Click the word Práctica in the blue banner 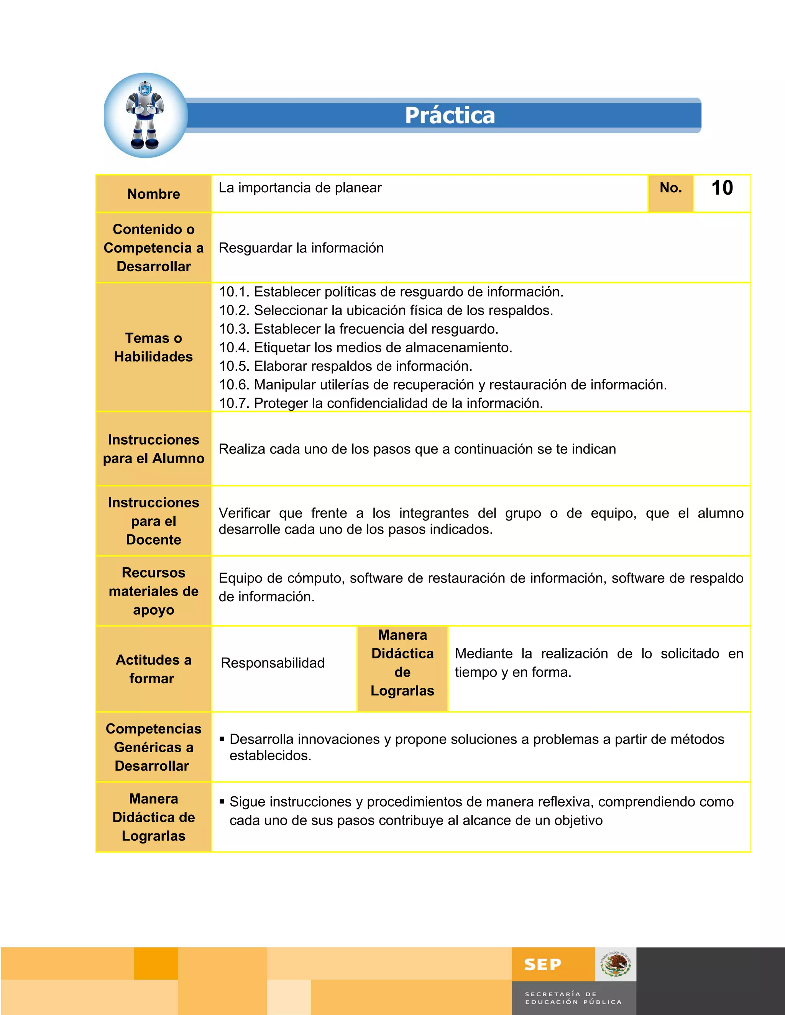[x=450, y=115]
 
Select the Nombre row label [x=153, y=194]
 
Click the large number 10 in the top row [x=722, y=188]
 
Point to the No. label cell [x=671, y=188]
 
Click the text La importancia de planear [x=300, y=188]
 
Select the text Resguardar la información [x=301, y=248]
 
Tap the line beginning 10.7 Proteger [x=381, y=403]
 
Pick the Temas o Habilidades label [x=153, y=347]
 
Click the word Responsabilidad [x=273, y=663]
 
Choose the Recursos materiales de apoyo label [x=153, y=591]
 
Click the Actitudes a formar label [x=153, y=669]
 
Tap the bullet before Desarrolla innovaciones [x=222, y=739]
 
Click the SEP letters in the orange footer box [x=542, y=965]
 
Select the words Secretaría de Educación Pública [x=573, y=998]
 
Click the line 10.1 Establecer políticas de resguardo [x=391, y=292]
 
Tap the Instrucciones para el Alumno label [x=153, y=449]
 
